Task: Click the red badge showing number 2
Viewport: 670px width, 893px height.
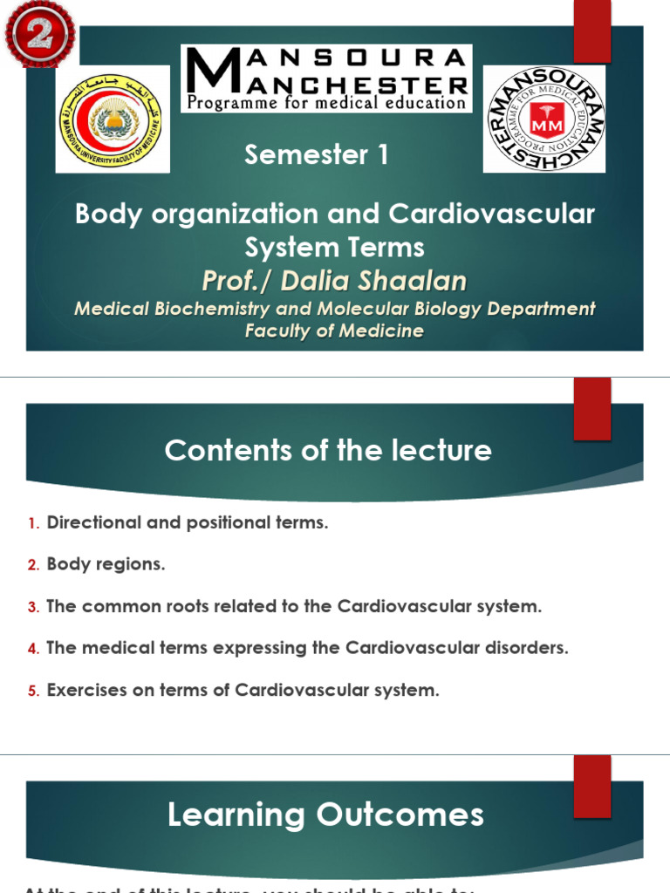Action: coord(39,33)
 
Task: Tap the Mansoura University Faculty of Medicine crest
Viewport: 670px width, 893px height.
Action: coord(108,118)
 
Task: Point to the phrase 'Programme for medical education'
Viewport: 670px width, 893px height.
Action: coord(327,103)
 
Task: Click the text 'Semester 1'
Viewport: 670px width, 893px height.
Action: coord(317,155)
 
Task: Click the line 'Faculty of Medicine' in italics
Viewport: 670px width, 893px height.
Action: coord(334,331)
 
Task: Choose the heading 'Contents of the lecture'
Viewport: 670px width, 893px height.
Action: coord(328,450)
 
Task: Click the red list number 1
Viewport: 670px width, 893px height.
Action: coord(33,523)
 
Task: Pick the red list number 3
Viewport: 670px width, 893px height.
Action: coord(33,607)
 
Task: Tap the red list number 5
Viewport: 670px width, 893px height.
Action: coord(33,691)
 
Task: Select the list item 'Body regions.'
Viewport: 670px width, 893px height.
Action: coord(106,564)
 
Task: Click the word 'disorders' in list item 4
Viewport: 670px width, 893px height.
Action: coord(529,648)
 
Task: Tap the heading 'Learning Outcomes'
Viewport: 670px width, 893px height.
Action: coord(325,815)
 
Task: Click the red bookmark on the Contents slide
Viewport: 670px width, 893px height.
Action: coord(591,408)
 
